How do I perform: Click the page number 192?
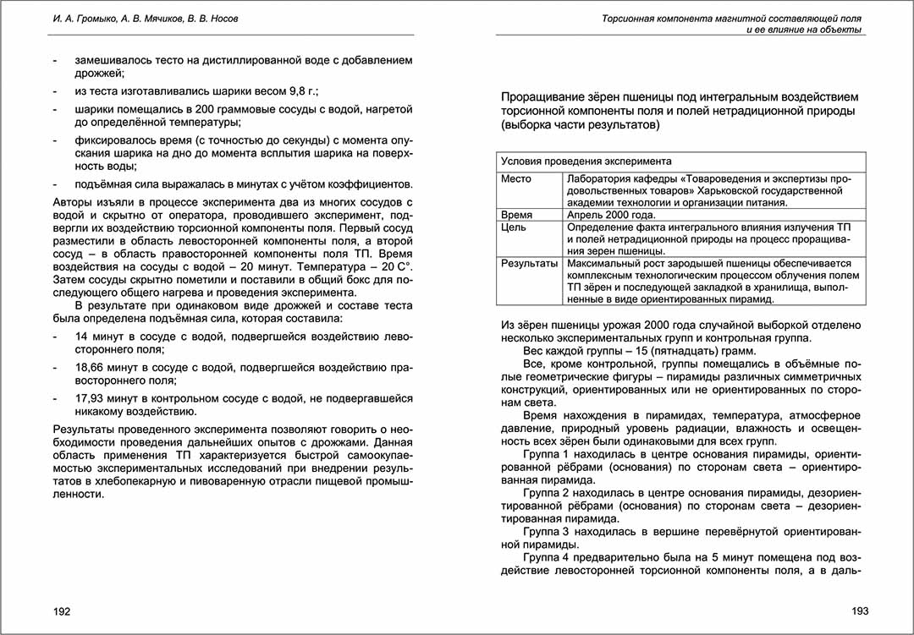tap(62, 611)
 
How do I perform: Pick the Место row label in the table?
tap(516, 179)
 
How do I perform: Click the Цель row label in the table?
tap(513, 227)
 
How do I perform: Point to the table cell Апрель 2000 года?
tap(608, 216)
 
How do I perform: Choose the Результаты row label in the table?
tap(529, 264)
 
